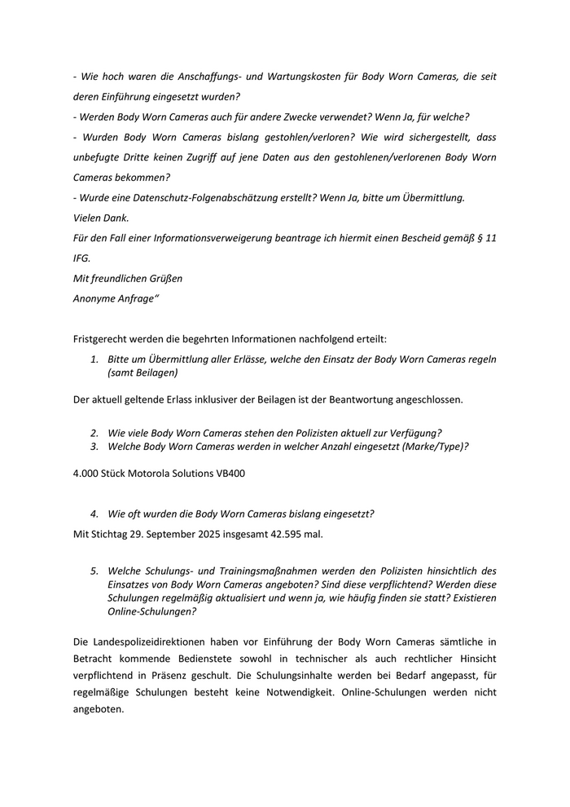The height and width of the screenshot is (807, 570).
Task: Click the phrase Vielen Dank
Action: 101,218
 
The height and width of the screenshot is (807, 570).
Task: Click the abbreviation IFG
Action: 82,258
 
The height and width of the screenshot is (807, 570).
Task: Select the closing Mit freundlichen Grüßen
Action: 128,278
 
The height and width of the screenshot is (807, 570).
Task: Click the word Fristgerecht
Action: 102,337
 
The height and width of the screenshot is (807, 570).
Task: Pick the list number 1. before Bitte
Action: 94,359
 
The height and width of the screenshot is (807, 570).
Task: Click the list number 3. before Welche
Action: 94,446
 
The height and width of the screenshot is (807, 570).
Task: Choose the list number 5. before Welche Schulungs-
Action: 94,571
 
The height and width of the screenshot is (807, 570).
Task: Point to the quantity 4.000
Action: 87,473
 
